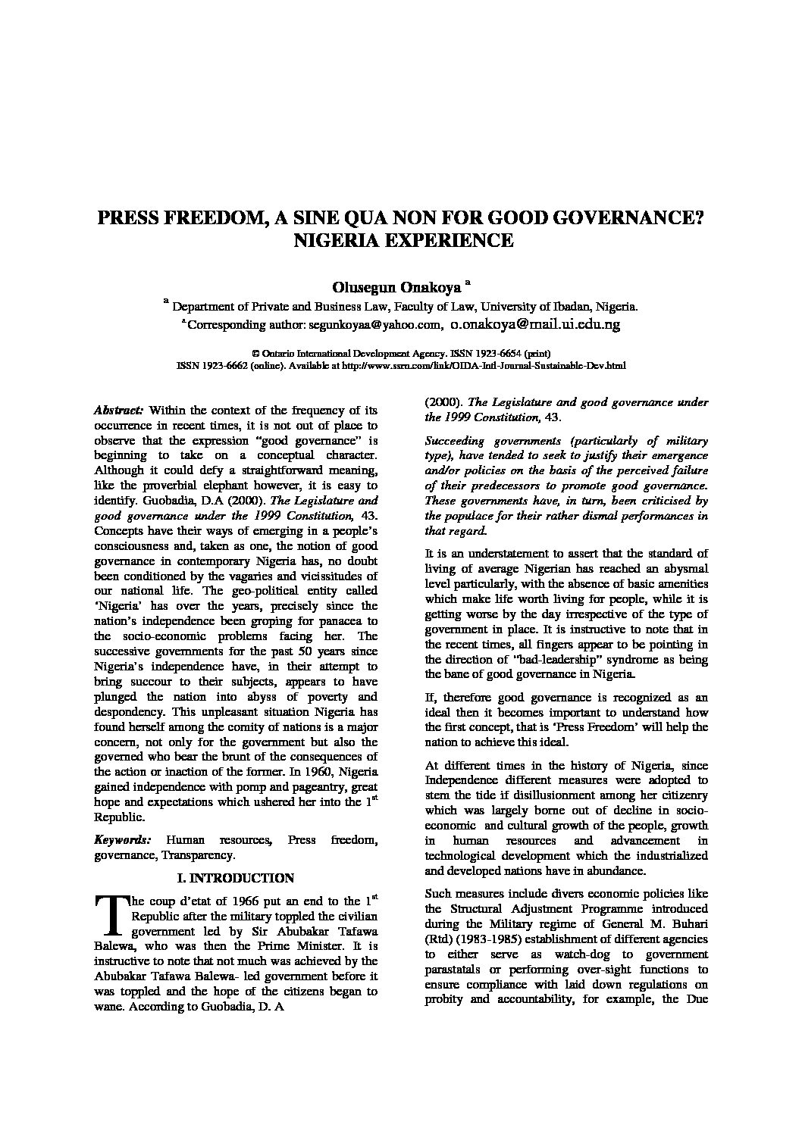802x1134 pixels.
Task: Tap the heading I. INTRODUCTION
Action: click(x=235, y=878)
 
